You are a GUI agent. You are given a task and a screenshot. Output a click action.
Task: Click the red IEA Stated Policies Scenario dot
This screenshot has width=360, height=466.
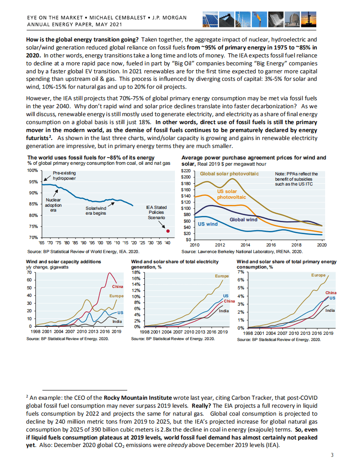pos(168,231)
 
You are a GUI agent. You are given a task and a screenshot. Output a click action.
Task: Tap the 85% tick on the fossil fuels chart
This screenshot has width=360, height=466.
pos(33,204)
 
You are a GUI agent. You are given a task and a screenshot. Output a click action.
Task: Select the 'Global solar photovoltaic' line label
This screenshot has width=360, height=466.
pos(229,174)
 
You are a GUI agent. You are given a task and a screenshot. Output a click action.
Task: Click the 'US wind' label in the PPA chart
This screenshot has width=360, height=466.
pos(208,224)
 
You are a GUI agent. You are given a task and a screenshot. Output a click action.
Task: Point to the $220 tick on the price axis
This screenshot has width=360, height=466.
pos(186,171)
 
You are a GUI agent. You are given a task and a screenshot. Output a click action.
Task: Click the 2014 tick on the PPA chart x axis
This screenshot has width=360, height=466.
pos(245,245)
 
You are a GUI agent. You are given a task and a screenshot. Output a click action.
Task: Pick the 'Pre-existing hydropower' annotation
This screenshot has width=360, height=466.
pos(64,176)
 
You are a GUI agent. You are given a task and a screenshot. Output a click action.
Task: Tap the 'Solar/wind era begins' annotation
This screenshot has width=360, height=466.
pos(96,211)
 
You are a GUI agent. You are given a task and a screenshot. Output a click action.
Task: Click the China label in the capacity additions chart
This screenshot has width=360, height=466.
pos(117,287)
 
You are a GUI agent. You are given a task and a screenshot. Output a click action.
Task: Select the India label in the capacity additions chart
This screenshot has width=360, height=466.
pos(117,321)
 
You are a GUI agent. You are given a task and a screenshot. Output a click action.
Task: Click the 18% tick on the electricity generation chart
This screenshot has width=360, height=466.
pos(136,272)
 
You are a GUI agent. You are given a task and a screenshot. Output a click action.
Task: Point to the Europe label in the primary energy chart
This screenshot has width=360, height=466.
pos(318,275)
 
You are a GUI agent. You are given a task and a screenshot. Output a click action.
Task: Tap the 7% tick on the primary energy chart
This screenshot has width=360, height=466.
pos(240,272)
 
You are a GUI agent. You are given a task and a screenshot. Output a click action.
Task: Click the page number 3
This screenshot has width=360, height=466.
pos(332,455)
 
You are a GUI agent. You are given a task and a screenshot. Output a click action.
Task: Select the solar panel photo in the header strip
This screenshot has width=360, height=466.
pos(210,19)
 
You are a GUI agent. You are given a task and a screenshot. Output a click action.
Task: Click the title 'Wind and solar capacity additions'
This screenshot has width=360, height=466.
pos(63,261)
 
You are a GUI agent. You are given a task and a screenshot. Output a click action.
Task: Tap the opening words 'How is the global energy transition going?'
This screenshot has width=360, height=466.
pos(82,39)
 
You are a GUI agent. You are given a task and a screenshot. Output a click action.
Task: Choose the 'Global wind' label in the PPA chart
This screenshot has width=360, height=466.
pos(243,220)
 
